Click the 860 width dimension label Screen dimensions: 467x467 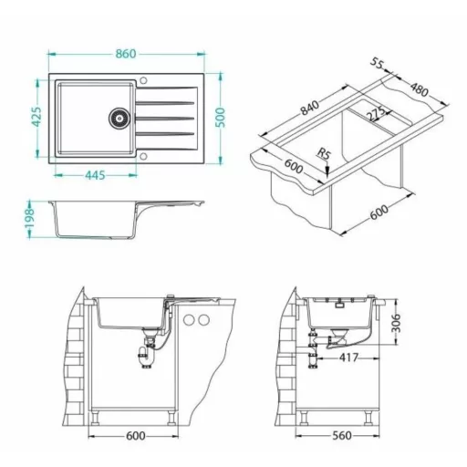click(126, 54)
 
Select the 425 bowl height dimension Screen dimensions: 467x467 click(36, 117)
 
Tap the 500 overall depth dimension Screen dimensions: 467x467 click(220, 118)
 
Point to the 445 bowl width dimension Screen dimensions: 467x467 click(95, 175)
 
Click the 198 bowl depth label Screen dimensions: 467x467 click(29, 219)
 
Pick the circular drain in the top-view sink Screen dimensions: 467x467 click(119, 118)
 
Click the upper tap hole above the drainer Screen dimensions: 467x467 click(143, 81)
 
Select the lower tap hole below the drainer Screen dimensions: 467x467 click(143, 157)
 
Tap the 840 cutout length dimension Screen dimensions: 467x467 click(310, 108)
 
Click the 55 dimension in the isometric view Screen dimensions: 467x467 click(378, 64)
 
